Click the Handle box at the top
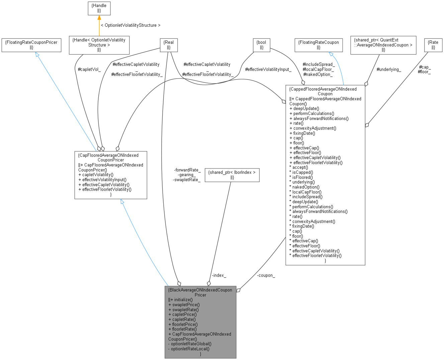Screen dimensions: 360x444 coord(99,8)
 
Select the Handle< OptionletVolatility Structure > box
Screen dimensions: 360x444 coord(99,45)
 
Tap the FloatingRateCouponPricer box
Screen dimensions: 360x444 coord(31,45)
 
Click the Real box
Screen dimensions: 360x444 coord(169,45)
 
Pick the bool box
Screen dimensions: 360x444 coord(261,45)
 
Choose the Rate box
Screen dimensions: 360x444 coord(433,45)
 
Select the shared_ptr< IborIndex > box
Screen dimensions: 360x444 coord(232,175)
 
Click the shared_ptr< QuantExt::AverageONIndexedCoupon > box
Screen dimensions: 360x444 coord(383,45)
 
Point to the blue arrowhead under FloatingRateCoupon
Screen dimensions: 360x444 coord(331,54)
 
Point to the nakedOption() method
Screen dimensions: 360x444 coord(306,187)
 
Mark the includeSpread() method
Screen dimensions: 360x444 coord(307,197)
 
